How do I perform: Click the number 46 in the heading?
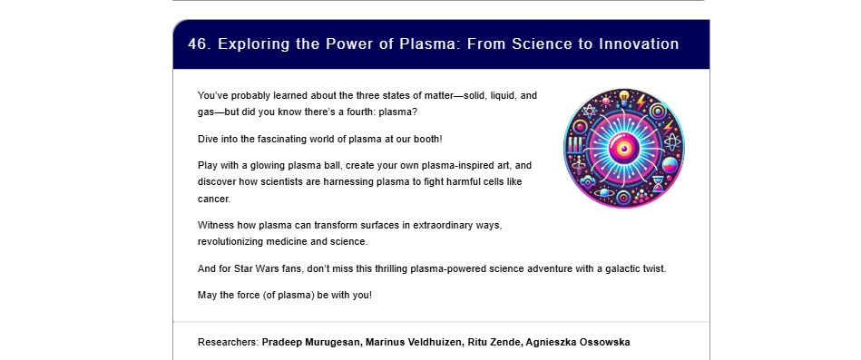[198, 44]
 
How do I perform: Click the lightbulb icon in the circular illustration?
[624, 98]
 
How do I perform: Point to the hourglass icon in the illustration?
[658, 184]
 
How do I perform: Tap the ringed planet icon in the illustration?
[603, 192]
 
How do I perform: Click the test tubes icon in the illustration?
[574, 145]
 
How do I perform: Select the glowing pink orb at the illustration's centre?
[624, 148]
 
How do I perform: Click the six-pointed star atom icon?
[589, 112]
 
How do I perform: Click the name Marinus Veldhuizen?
[414, 343]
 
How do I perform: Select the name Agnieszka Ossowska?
[578, 343]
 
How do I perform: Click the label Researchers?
[228, 343]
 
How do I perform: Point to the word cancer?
[214, 199]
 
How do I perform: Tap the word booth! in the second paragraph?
[429, 140]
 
